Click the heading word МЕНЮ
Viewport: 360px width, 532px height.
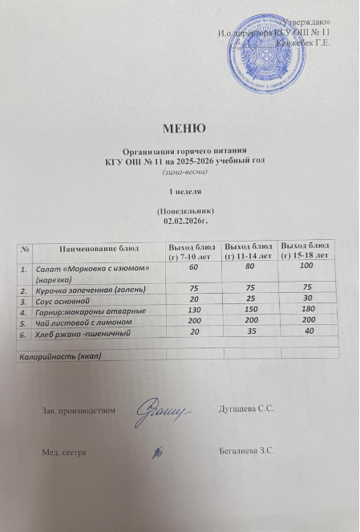tap(184, 128)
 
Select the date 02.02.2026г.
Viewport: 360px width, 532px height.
tap(184, 217)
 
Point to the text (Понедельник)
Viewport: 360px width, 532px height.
tap(184, 209)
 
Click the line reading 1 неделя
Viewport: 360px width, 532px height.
tap(184, 193)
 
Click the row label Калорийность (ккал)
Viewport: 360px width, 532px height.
tap(61, 354)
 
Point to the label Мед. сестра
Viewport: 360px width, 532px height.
tap(64, 453)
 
